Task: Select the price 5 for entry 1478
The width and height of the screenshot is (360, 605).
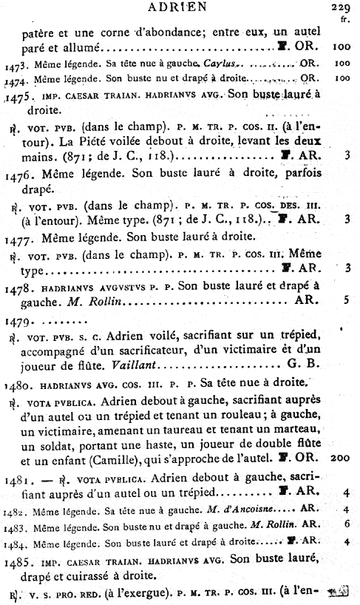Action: pyautogui.click(x=345, y=300)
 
